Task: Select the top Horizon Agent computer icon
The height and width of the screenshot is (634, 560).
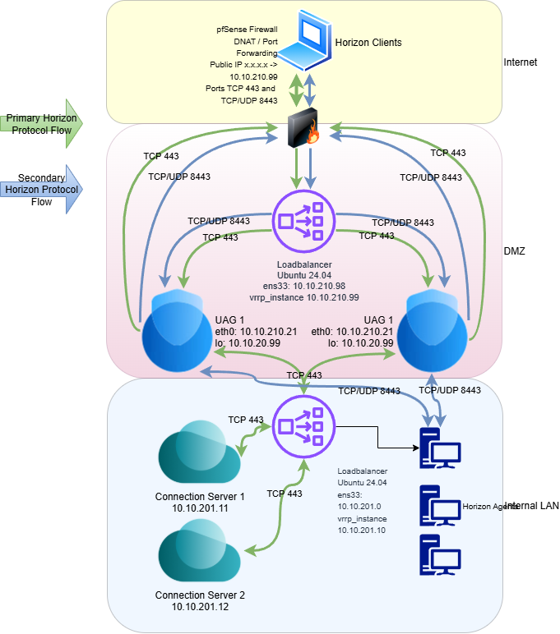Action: click(439, 448)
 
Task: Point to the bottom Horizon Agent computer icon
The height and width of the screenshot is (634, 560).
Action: click(439, 554)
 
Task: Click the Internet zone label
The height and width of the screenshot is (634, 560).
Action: click(520, 62)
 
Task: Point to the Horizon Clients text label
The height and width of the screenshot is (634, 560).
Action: click(368, 42)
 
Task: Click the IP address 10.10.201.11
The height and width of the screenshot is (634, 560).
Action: click(200, 508)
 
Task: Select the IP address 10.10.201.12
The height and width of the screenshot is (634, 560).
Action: click(200, 606)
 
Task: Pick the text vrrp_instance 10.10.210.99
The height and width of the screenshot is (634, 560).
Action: click(304, 296)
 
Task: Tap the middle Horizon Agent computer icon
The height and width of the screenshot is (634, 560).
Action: click(439, 505)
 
